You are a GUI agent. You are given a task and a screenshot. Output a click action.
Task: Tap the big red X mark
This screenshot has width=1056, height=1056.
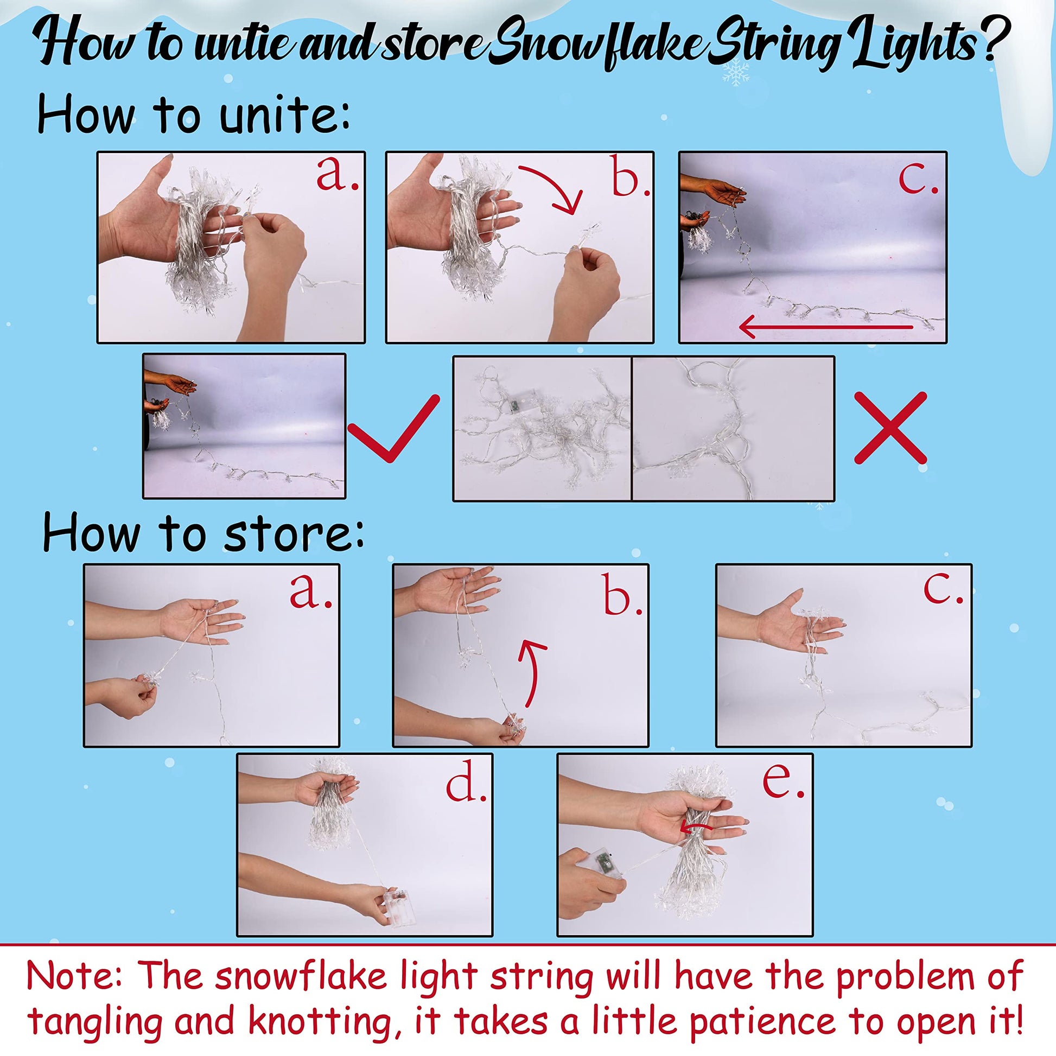[890, 428]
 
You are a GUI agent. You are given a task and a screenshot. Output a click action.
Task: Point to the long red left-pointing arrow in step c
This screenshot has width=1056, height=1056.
[825, 327]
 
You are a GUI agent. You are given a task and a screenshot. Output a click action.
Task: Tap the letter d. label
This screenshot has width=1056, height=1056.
[466, 785]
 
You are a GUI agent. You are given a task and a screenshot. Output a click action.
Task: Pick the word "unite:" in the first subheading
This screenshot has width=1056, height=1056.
[284, 114]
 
